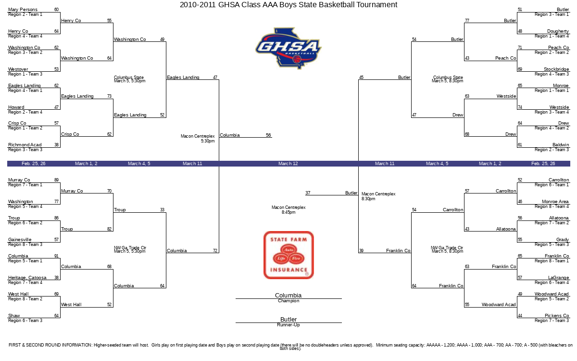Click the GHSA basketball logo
tap(288, 48)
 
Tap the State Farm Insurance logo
tap(288, 255)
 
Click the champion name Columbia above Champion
tap(288, 295)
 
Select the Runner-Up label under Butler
tap(288, 325)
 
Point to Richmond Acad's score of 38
tap(56, 145)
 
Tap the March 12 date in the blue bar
tap(288, 164)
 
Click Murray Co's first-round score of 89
tap(56, 180)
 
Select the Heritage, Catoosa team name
tap(27, 278)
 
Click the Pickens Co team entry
tap(557, 315)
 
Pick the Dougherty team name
tap(558, 31)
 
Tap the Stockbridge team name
tap(556, 69)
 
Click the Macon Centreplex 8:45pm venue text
tap(288, 210)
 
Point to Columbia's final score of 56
tap(268, 135)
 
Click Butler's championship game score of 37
tap(308, 193)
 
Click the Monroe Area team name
tap(555, 201)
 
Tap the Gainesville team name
tap(20, 240)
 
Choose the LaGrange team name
tap(558, 278)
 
